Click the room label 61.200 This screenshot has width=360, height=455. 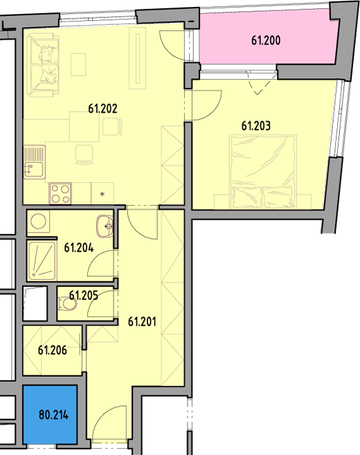(266, 40)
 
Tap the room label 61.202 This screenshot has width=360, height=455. (102, 109)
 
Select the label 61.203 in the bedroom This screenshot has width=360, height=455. (256, 126)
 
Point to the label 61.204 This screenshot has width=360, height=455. (79, 248)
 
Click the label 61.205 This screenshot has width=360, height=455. (84, 296)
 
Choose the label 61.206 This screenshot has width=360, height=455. (52, 350)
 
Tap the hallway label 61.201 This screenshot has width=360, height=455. (142, 322)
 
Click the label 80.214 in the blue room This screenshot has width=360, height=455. (54, 415)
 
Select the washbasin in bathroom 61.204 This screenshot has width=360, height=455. (105, 226)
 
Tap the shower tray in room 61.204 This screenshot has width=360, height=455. (42, 261)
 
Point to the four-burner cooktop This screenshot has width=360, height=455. (60, 193)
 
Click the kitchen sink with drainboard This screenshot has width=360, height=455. (35, 162)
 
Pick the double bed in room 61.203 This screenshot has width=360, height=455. (263, 171)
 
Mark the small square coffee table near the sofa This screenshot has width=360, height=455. (78, 64)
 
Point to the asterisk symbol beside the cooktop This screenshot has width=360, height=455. (102, 194)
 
